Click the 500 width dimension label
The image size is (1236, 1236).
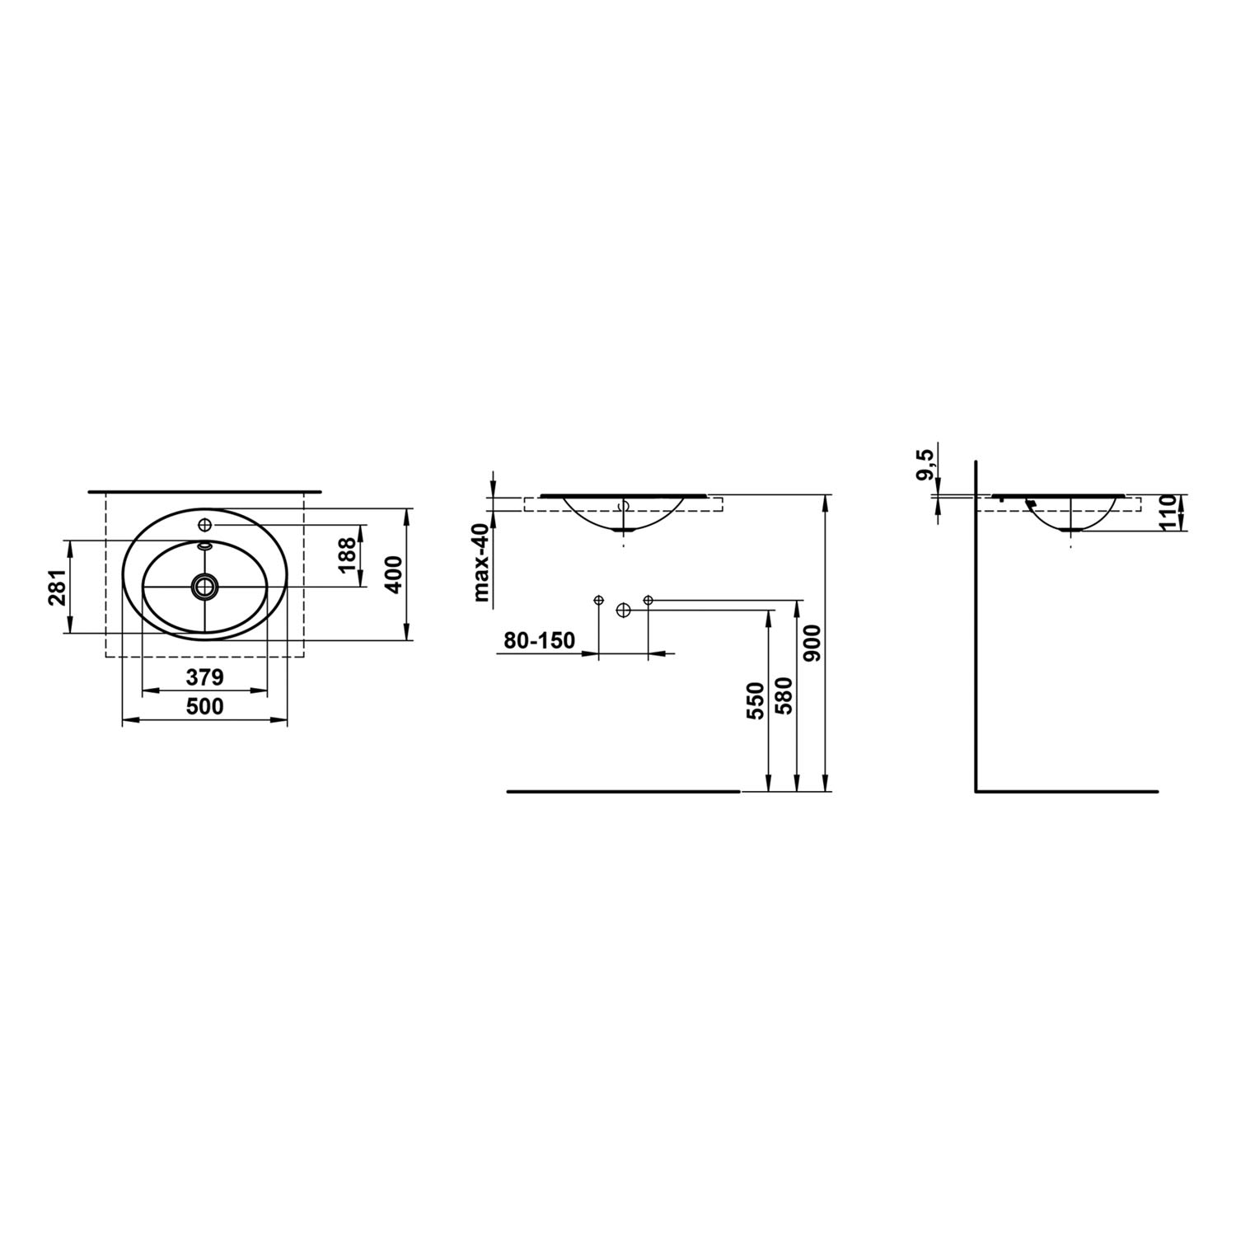pyautogui.click(x=204, y=707)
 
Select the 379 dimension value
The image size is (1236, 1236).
pyautogui.click(x=204, y=677)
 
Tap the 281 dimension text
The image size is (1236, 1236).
pyautogui.click(x=56, y=587)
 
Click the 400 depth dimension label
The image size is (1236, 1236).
pyautogui.click(x=393, y=574)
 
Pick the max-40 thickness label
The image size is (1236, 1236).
pyautogui.click(x=482, y=566)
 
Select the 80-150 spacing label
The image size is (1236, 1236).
pyautogui.click(x=540, y=640)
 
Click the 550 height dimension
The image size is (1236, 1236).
pyautogui.click(x=756, y=700)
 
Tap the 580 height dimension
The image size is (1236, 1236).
pyautogui.click(x=784, y=696)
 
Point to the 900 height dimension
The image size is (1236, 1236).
pyautogui.click(x=813, y=644)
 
